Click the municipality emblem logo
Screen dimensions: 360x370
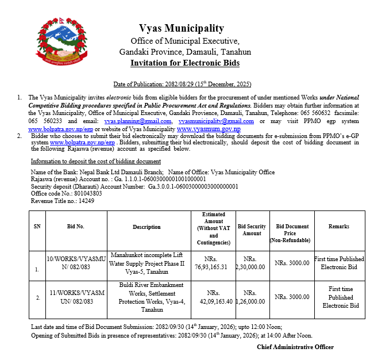[x=63, y=41]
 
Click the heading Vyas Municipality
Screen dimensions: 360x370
[x=182, y=28]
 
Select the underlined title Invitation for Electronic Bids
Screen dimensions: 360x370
[x=185, y=63]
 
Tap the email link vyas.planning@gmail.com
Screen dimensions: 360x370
[x=137, y=121]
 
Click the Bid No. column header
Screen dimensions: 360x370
[x=75, y=227]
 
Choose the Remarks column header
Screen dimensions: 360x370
[x=338, y=227]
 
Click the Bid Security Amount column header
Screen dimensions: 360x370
[x=252, y=230]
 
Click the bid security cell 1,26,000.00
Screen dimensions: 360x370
[x=251, y=301]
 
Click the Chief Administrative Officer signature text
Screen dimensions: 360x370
[x=295, y=347]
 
